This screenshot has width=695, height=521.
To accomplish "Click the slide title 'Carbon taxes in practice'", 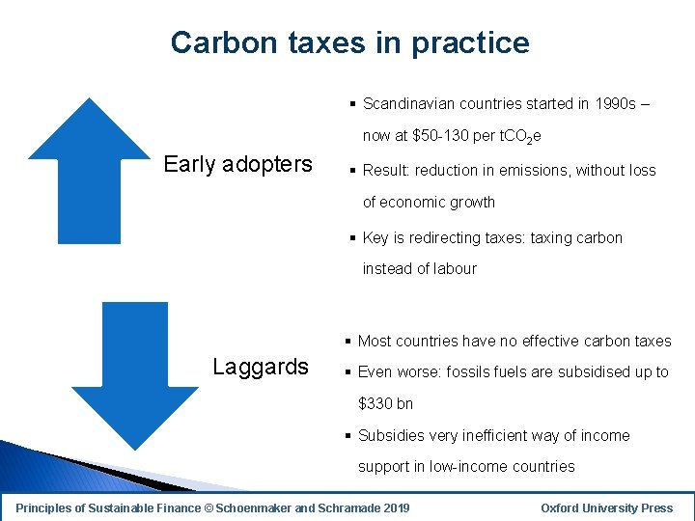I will pyautogui.click(x=349, y=42).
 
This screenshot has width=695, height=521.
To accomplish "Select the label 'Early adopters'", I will pyautogui.click(x=237, y=164).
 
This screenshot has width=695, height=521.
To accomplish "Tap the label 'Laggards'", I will pyautogui.click(x=260, y=367).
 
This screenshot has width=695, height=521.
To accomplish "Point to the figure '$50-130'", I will pyautogui.click(x=440, y=136).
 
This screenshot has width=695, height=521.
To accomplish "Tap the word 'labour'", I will pyautogui.click(x=454, y=269).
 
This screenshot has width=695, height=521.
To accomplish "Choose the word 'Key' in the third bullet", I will pyautogui.click(x=376, y=238).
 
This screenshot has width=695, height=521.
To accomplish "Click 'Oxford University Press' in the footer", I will pyautogui.click(x=606, y=507).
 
